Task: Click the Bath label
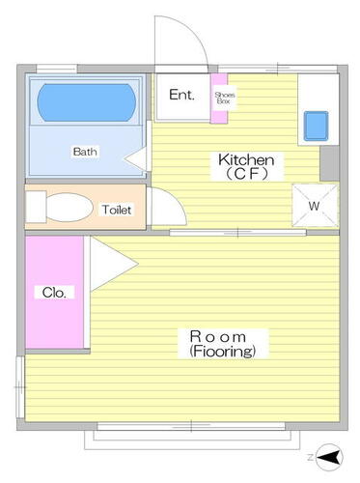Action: [85, 152]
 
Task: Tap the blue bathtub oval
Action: [87, 102]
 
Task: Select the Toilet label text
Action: [117, 210]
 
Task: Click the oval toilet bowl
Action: [69, 207]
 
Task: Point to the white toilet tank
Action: [36, 207]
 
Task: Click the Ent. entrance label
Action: [181, 95]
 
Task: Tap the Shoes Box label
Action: [225, 98]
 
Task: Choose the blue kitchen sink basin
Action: [317, 127]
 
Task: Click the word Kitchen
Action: [246, 159]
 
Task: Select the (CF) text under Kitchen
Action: [246, 174]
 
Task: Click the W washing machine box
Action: [315, 205]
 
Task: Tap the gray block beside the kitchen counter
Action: [329, 163]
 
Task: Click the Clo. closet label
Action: [54, 293]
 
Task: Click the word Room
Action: [218, 337]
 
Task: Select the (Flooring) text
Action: [223, 351]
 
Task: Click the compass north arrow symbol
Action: [329, 457]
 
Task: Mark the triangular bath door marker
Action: [135, 158]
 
